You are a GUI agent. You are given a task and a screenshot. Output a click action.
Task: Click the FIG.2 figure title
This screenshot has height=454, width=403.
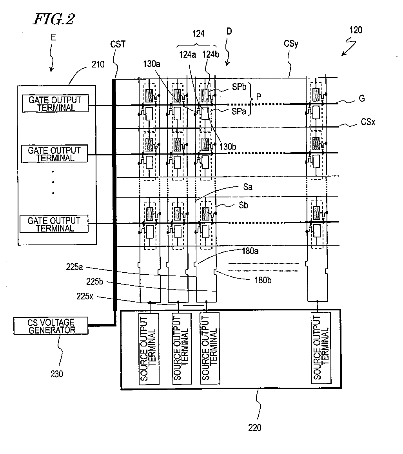click(x=54, y=19)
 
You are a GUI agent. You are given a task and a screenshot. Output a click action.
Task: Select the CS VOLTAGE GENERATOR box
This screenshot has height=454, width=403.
click(x=51, y=326)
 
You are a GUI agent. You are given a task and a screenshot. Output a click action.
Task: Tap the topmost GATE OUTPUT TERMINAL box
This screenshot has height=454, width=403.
click(x=55, y=103)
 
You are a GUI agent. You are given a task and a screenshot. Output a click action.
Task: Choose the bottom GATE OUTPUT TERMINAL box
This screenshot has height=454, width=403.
click(x=54, y=224)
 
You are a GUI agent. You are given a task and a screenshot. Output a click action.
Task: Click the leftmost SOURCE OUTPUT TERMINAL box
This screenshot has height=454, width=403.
click(x=149, y=348)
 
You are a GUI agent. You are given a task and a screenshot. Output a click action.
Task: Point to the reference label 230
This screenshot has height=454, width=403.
click(x=57, y=374)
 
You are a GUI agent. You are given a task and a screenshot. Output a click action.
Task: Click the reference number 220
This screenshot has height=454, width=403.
click(x=254, y=428)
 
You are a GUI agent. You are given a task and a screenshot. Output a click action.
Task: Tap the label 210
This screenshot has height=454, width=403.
click(x=98, y=64)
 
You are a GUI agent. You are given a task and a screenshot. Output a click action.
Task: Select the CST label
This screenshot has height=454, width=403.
click(x=118, y=44)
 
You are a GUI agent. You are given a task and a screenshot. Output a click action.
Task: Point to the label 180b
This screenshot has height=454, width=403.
click(x=263, y=280)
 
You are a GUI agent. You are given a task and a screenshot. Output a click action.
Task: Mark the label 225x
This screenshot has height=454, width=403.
click(x=85, y=296)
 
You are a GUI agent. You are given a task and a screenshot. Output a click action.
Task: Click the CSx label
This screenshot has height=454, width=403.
click(x=368, y=122)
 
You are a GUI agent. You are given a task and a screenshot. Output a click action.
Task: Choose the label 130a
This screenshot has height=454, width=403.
click(x=152, y=64)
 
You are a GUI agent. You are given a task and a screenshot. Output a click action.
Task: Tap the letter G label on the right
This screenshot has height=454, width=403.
click(x=361, y=98)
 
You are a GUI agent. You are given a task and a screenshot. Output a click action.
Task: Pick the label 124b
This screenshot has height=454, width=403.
click(x=211, y=54)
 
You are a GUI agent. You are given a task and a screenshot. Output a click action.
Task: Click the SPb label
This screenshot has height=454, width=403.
click(x=239, y=87)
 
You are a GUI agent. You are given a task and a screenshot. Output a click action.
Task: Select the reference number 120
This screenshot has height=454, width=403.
click(x=356, y=30)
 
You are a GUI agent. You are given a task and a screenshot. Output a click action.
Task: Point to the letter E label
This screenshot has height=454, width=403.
click(x=53, y=37)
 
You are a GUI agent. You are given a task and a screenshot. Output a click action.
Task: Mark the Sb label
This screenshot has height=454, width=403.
click(x=243, y=205)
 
